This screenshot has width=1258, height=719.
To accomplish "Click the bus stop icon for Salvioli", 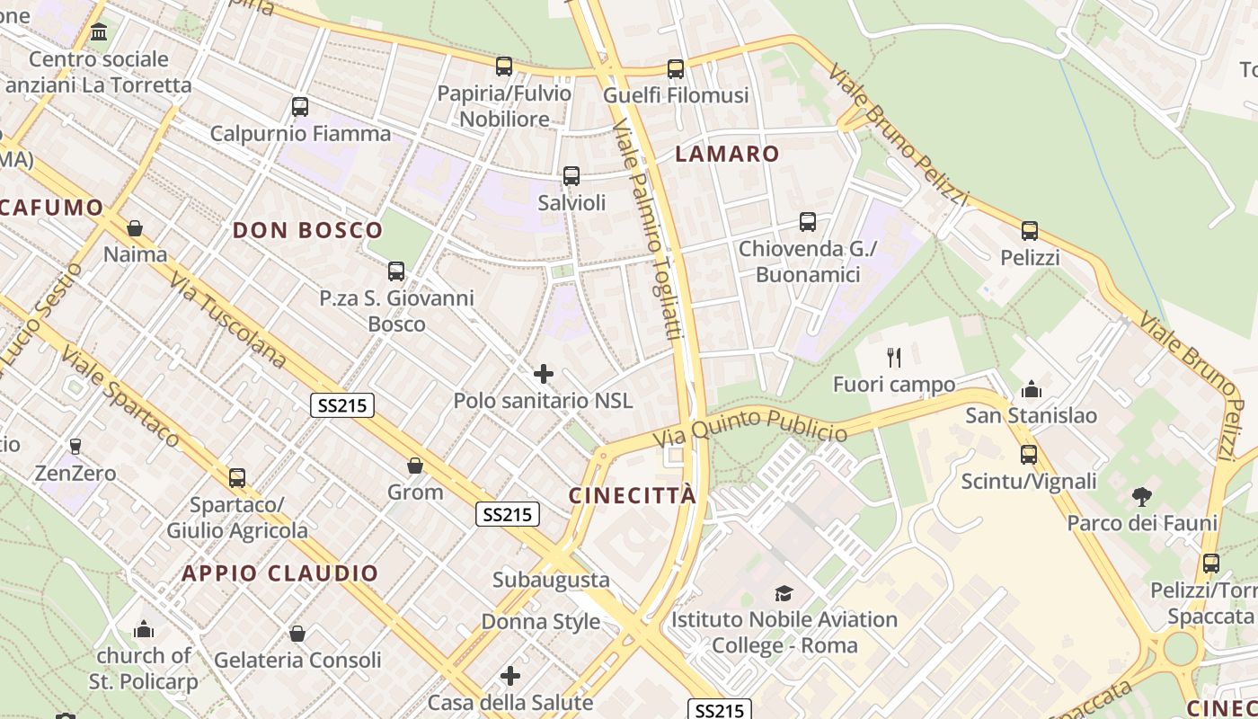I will click(x=571, y=176).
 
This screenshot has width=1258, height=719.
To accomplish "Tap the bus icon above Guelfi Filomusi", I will click(x=676, y=68).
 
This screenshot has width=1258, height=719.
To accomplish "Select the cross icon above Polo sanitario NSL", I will click(x=544, y=374).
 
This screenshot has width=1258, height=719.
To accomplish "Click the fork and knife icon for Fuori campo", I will click(x=894, y=358).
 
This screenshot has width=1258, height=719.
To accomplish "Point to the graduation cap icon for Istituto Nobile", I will click(x=784, y=593).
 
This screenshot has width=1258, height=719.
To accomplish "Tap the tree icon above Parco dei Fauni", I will click(x=1142, y=496).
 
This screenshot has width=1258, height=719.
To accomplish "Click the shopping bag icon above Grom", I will click(x=415, y=466).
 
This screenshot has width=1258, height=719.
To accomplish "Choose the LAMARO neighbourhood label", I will click(x=727, y=154).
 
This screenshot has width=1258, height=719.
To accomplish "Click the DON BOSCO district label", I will click(x=308, y=230).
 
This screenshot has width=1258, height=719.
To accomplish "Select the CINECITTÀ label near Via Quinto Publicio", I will click(x=633, y=495).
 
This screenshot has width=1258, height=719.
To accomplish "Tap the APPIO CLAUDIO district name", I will click(x=280, y=573).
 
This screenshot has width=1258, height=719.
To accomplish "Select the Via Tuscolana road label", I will click(x=228, y=319).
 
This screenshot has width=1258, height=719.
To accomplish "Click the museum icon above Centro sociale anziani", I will click(x=99, y=33).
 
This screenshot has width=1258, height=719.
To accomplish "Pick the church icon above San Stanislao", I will click(x=1031, y=389).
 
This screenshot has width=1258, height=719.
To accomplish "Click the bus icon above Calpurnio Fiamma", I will click(x=300, y=107).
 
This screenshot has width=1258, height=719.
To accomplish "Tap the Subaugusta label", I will click(x=551, y=580).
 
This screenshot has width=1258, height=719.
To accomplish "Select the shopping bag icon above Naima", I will click(x=135, y=228).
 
